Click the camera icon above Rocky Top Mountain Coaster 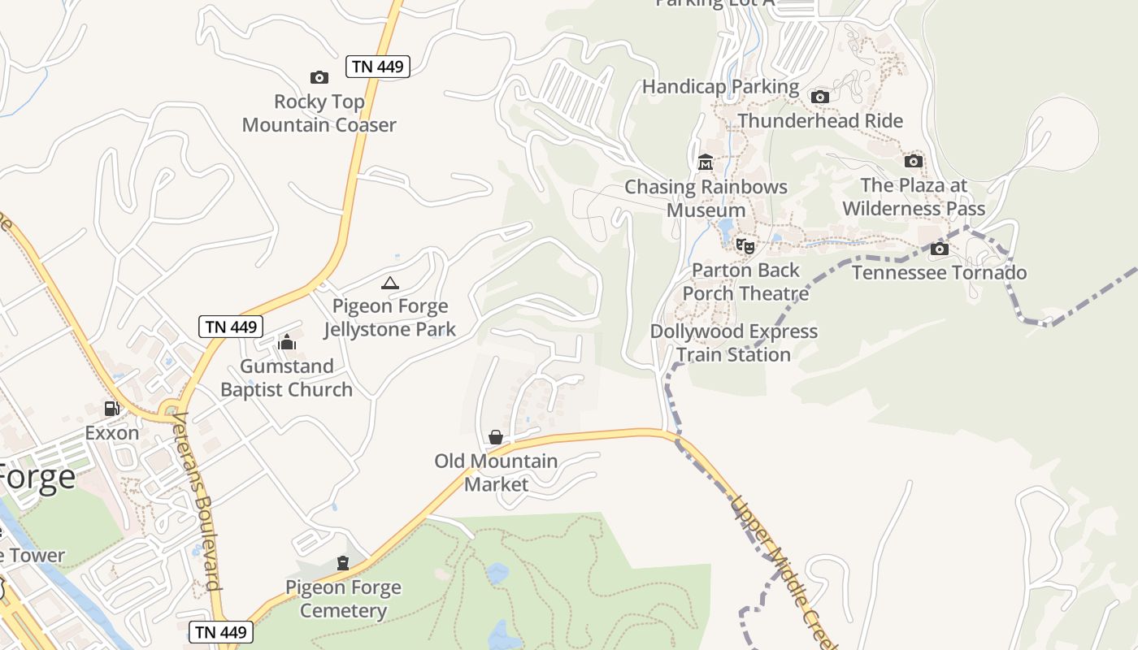(319, 78)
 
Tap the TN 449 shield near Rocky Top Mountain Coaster (378, 67)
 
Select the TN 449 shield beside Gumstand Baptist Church (232, 327)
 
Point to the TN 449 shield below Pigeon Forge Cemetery (222, 631)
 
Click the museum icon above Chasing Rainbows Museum (705, 162)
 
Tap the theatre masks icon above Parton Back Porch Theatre (745, 245)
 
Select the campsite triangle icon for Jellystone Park (390, 283)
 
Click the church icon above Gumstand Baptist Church (287, 342)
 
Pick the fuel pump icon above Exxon (112, 409)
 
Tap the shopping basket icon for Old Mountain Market (496, 437)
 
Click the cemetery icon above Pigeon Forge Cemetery (343, 563)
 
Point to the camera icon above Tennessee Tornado (940, 249)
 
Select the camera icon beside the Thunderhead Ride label (820, 97)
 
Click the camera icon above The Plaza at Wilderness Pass (914, 161)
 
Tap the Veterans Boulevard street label (198, 501)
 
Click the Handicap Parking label (721, 86)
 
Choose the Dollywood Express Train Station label (734, 343)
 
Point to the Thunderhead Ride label (820, 121)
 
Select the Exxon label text (112, 433)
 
